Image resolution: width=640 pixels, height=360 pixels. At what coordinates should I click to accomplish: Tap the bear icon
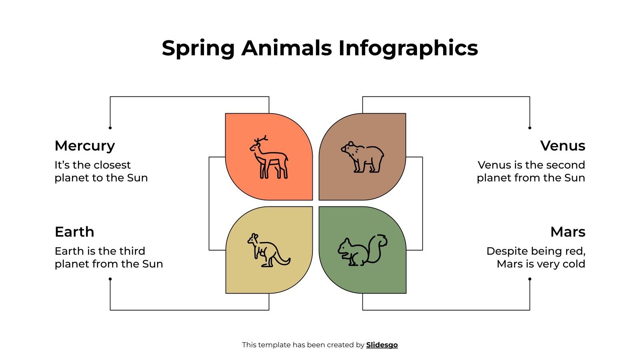point(362,157)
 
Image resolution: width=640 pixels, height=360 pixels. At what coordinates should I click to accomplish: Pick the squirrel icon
point(362,250)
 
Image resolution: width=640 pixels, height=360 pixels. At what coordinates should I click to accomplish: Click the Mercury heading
point(85,146)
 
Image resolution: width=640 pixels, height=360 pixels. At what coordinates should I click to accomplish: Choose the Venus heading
point(562,146)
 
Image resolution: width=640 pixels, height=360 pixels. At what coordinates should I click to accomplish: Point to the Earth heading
point(74,232)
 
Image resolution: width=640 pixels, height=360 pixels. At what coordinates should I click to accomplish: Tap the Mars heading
point(568,232)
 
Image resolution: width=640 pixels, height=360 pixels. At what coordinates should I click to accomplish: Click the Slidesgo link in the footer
point(382,345)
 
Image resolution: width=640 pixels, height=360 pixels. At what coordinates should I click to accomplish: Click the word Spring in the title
point(198,48)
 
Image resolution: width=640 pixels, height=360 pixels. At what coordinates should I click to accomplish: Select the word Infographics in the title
point(408,48)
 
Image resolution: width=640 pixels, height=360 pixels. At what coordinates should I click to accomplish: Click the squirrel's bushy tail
point(378,246)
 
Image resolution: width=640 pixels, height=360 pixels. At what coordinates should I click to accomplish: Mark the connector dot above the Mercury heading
point(110,128)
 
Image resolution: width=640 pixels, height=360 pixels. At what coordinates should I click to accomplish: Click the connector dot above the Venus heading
point(530,128)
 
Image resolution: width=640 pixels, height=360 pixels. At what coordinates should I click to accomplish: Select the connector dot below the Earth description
point(110,279)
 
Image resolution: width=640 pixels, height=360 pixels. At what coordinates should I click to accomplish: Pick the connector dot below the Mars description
point(530,279)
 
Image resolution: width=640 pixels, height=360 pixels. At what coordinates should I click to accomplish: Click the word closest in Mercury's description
point(112,165)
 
